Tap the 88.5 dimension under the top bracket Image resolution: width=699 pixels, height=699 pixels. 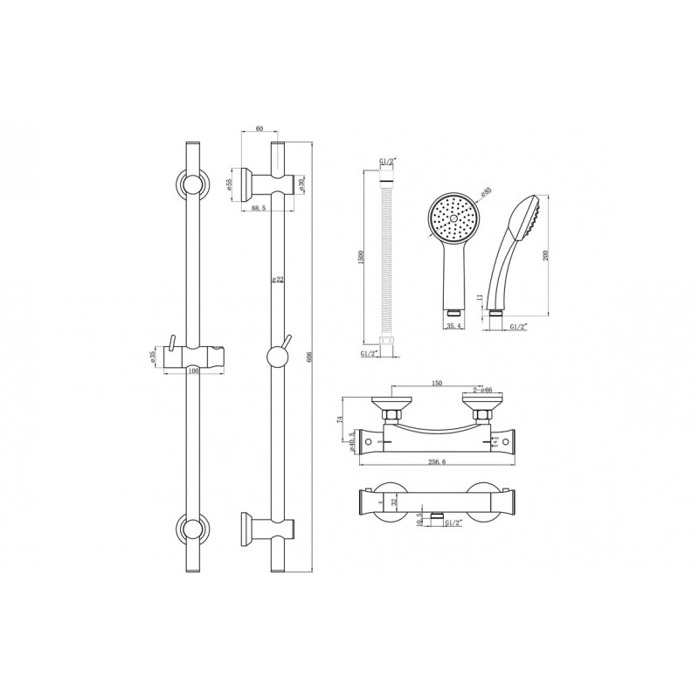coord(258,209)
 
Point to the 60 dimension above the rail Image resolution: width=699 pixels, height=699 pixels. coord(259,128)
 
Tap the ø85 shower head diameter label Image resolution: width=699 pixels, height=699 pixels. coord(486,191)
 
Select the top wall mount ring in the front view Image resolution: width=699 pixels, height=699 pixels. coord(191,183)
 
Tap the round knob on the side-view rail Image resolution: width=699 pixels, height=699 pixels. coord(277,356)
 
